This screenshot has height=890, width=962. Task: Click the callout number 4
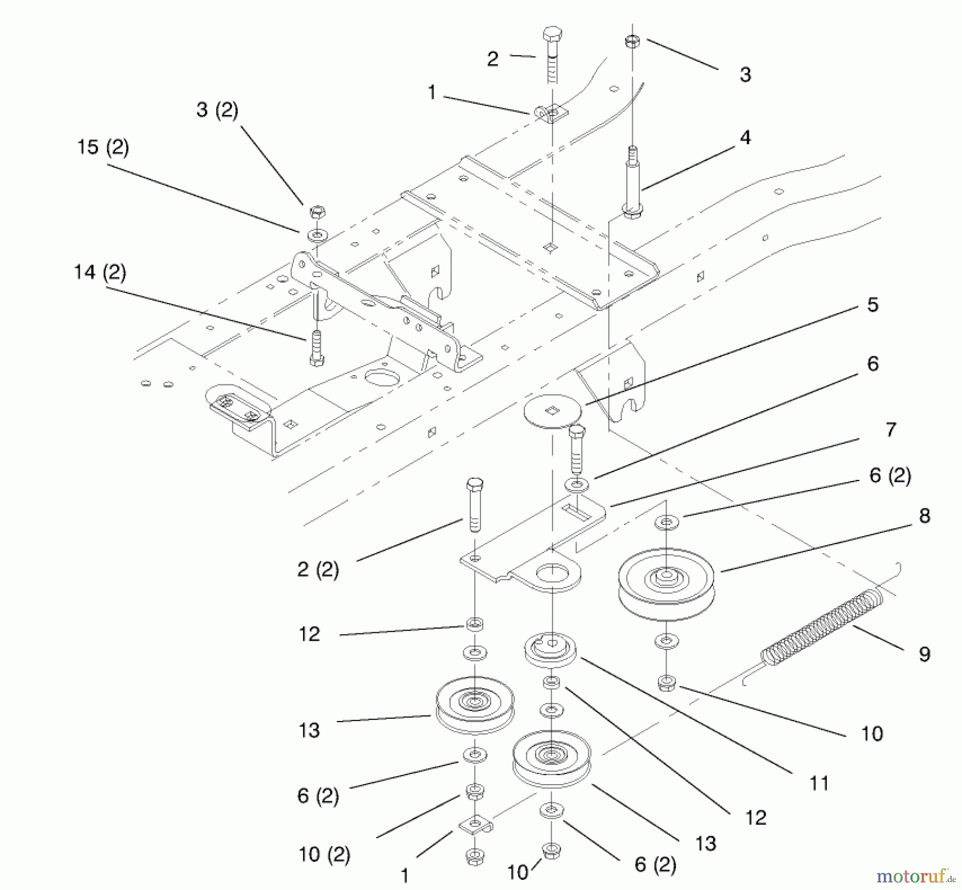click(x=745, y=138)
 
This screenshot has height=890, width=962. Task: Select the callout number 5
click(x=872, y=305)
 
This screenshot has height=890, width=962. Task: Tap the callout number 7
click(x=890, y=430)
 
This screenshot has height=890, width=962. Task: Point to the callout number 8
click(x=925, y=516)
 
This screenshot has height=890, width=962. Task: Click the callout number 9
click(x=924, y=654)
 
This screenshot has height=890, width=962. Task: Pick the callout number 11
click(x=819, y=784)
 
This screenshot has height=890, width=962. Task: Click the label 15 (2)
click(x=103, y=147)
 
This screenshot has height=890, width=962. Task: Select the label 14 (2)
click(x=100, y=272)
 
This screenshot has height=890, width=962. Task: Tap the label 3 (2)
click(x=217, y=110)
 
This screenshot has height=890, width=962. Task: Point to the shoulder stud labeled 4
click(x=632, y=184)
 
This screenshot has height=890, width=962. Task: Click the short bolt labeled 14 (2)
click(x=316, y=348)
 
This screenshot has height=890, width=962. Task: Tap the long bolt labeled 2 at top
click(x=552, y=56)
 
